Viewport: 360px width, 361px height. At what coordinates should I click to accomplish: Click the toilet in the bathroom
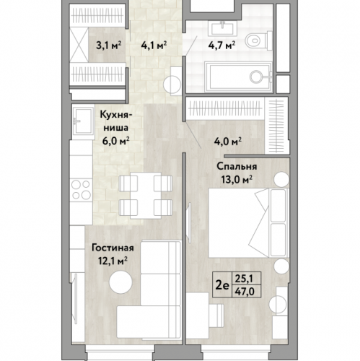[x=258, y=40]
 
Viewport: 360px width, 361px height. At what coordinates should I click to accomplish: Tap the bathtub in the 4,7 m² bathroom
[x=238, y=77]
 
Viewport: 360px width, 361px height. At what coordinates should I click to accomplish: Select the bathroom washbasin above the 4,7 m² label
[x=222, y=28]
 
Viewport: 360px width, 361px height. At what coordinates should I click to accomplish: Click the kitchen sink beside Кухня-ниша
[x=82, y=121]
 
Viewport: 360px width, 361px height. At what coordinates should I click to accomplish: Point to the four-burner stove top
[x=81, y=190]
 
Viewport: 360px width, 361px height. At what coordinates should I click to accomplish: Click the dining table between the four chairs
[x=146, y=196]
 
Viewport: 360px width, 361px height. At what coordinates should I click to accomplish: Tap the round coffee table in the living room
[x=120, y=282]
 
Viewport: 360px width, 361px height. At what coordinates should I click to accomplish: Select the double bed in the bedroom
[x=248, y=223]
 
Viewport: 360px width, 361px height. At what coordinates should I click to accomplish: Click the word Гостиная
[x=113, y=248]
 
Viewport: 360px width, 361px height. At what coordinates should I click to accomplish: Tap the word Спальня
[x=237, y=167]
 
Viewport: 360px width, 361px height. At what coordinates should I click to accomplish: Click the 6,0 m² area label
[x=116, y=141]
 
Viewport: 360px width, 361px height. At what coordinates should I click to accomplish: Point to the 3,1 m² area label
[x=108, y=45]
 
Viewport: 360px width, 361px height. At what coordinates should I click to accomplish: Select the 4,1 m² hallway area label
[x=154, y=45]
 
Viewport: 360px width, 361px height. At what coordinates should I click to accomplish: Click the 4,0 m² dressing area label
[x=228, y=142]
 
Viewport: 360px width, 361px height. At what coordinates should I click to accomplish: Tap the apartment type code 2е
[x=222, y=285]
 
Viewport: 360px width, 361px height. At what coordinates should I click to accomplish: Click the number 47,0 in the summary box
[x=245, y=292]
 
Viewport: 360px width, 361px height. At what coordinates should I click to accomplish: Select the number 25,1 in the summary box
[x=244, y=279]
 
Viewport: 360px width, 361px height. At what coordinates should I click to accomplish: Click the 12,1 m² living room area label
[x=113, y=261]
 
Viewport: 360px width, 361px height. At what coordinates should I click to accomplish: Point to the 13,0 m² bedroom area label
[x=237, y=179]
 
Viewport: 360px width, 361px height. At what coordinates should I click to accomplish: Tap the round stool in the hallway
[x=172, y=84]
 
